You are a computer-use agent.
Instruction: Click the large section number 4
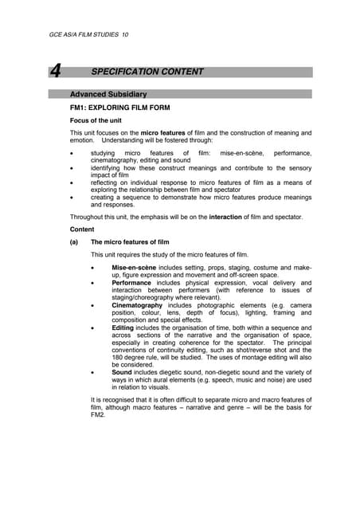point(55,72)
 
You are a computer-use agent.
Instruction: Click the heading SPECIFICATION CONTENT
point(147,72)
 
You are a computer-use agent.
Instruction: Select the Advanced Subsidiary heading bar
point(191,94)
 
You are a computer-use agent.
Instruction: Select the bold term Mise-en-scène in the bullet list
point(133,268)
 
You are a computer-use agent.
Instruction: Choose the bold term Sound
point(122,372)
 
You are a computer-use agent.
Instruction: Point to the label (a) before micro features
point(74,241)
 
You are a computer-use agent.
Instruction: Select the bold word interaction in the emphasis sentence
point(237,217)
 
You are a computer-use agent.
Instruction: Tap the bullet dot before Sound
point(95,372)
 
